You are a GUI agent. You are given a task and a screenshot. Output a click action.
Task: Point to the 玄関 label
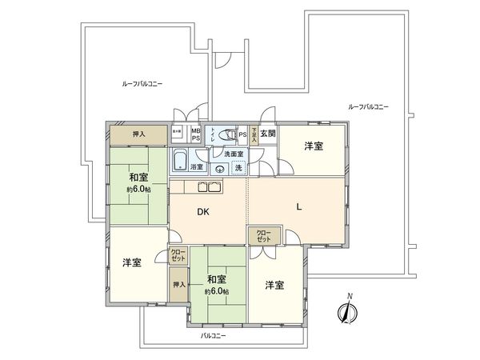click(x=267, y=134)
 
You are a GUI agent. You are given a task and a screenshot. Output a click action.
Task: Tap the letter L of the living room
click(x=298, y=206)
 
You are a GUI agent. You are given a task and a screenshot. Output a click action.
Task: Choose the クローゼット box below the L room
click(x=264, y=236)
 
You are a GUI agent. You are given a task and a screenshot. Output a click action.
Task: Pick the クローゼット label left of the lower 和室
click(x=178, y=256)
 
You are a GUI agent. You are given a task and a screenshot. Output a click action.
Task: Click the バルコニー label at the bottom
click(x=213, y=336)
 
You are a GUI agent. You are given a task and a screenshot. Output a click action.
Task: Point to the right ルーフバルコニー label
click(x=369, y=106)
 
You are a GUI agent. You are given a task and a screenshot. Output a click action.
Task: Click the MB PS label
click(x=195, y=134)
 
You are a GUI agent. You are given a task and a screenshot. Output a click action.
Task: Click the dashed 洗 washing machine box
click(x=238, y=168)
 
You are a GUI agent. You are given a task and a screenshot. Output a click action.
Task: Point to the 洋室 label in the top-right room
click(x=314, y=147)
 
